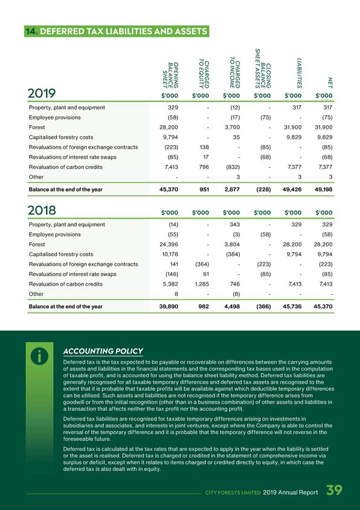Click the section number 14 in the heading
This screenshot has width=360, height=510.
tap(31, 31)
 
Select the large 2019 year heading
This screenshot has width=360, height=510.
tap(42, 93)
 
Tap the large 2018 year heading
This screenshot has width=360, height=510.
tap(42, 210)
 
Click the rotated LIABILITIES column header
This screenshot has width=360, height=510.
tap(299, 73)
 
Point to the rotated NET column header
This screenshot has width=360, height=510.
tap(330, 83)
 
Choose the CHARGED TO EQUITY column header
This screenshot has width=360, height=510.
tap(204, 74)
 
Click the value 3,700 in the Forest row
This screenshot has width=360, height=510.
tap(233, 127)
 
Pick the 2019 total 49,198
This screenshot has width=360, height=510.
tap(324, 189)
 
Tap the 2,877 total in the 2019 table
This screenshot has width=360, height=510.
tap(232, 189)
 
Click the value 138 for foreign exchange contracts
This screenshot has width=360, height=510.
tap(204, 147)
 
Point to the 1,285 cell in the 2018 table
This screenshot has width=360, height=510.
tap(202, 284)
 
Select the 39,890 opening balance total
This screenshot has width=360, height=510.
tap(169, 306)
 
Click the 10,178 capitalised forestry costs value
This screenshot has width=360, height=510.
tap(170, 254)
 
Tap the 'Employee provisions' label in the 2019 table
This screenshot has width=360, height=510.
tap(54, 117)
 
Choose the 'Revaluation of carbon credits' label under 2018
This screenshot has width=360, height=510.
tap(66, 284)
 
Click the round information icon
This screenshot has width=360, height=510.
tap(39, 356)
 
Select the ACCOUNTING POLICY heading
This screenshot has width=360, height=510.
tap(103, 351)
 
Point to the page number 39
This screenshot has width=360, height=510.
tap(334, 490)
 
